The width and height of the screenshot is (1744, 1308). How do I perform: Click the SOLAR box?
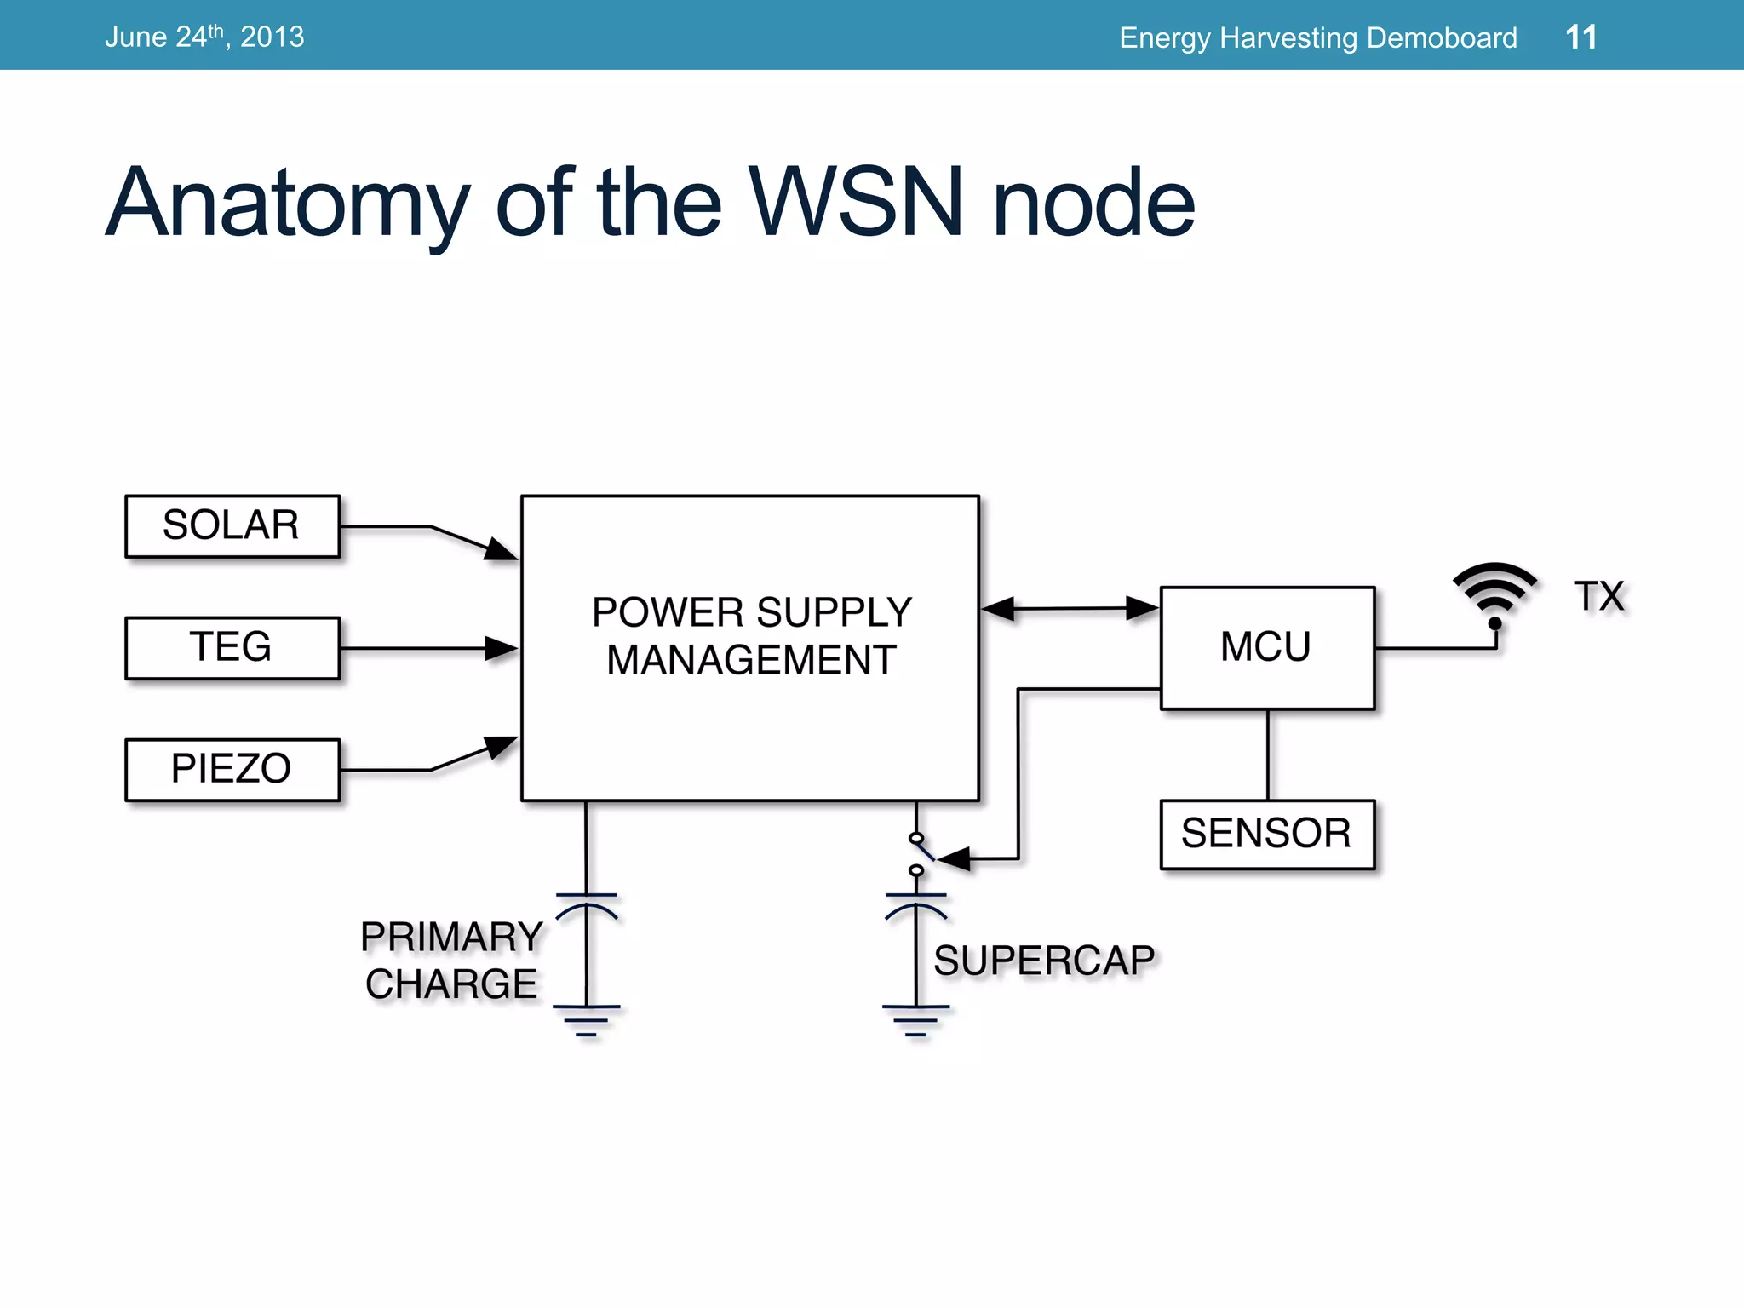click(232, 525)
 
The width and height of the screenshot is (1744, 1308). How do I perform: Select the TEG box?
click(232, 647)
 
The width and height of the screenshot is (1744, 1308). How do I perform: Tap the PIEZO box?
click(232, 769)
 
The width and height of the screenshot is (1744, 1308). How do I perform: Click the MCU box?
click(1266, 647)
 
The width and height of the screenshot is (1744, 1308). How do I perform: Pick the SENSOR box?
click(1266, 834)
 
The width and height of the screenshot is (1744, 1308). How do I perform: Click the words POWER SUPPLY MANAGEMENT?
click(751, 636)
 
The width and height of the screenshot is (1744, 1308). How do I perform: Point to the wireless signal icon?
click(1494, 592)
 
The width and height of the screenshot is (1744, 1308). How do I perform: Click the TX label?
click(1599, 596)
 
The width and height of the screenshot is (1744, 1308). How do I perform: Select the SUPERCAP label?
click(1044, 961)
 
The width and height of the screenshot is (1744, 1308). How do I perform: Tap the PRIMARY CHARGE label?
click(451, 961)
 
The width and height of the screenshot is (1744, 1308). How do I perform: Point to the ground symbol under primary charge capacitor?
click(586, 1020)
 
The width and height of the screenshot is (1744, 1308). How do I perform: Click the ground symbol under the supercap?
click(915, 1020)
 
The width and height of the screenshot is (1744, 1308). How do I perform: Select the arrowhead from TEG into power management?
click(502, 648)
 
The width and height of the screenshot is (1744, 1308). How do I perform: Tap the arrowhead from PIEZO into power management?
click(501, 747)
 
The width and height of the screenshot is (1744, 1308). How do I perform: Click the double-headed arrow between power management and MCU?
click(1070, 609)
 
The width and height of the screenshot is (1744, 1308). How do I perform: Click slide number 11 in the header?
click(1580, 37)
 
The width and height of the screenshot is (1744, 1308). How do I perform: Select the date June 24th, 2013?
click(204, 37)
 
